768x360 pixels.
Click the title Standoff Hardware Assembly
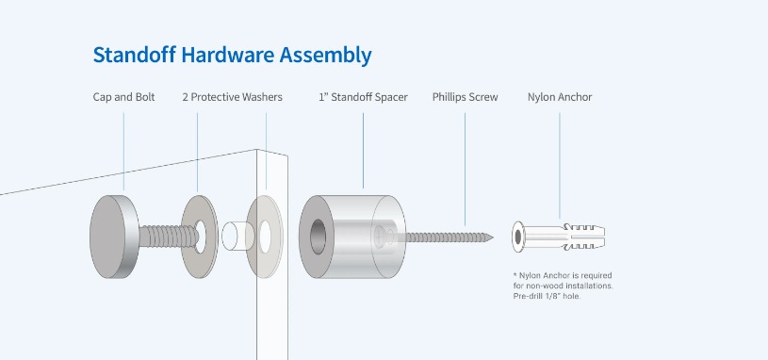pos(232,56)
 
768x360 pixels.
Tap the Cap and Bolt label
pos(124,97)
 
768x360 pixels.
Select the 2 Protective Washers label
pos(232,97)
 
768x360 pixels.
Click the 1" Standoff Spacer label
pos(363,97)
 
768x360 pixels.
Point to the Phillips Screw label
pos(465,97)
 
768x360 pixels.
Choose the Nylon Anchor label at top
pos(560,97)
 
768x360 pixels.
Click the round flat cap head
pos(107,237)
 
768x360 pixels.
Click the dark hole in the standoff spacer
pos(318,237)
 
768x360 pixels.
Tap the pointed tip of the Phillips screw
pos(492,237)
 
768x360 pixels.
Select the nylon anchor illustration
pos(559,237)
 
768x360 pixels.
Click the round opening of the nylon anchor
pos(517,237)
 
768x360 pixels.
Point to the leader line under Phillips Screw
pos(465,170)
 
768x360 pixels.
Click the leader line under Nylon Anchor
pos(560,166)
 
